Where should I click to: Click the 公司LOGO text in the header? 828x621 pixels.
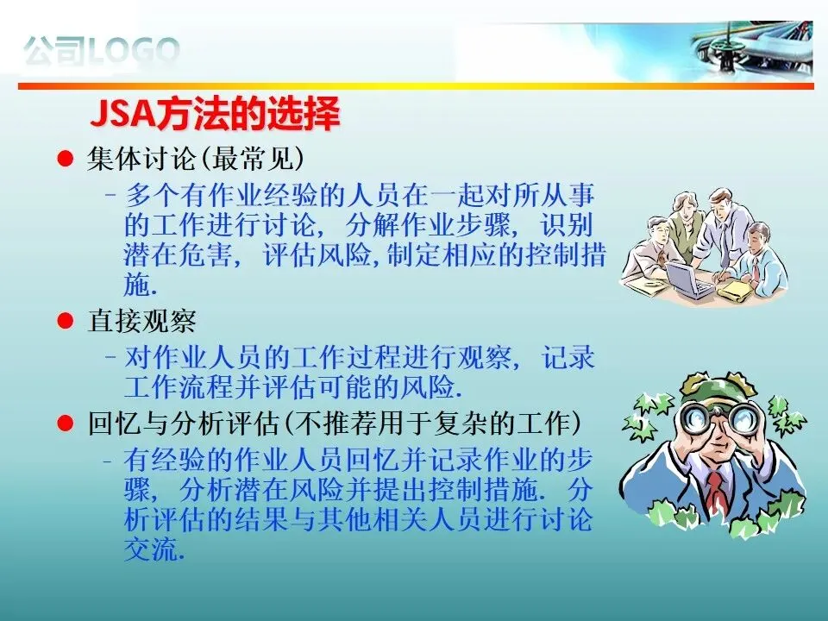coord(102,51)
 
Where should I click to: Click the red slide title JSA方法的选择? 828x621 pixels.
coord(216,114)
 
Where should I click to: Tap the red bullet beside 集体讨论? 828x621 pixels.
coord(65,159)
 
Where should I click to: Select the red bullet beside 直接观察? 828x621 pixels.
coord(65,321)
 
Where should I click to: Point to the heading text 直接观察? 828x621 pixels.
coord(141,321)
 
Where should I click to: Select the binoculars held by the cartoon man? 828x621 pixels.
coord(719,417)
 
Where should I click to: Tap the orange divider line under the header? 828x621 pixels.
coord(416,85)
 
